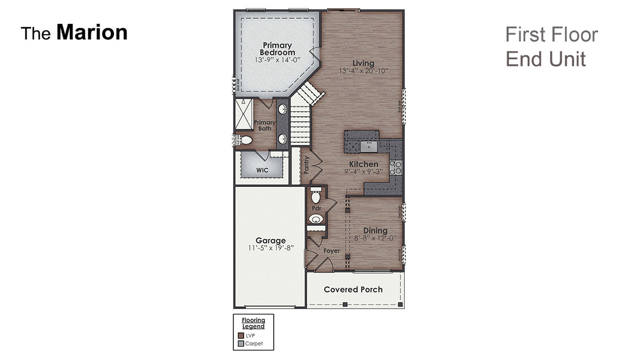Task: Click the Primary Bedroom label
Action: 278,49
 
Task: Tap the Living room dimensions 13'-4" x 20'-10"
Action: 364,71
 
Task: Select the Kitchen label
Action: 363,164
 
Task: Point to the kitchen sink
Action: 368,146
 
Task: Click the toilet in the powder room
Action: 316,196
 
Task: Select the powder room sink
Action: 316,220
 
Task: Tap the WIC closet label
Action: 262,170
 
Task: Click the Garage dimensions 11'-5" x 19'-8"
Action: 270,248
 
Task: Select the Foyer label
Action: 332,251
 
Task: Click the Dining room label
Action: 375,231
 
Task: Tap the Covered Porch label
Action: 353,290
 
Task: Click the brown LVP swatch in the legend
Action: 241,335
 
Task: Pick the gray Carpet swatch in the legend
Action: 241,343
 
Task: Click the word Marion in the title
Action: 92,33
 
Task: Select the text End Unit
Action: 545,59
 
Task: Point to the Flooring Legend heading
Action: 253,323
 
